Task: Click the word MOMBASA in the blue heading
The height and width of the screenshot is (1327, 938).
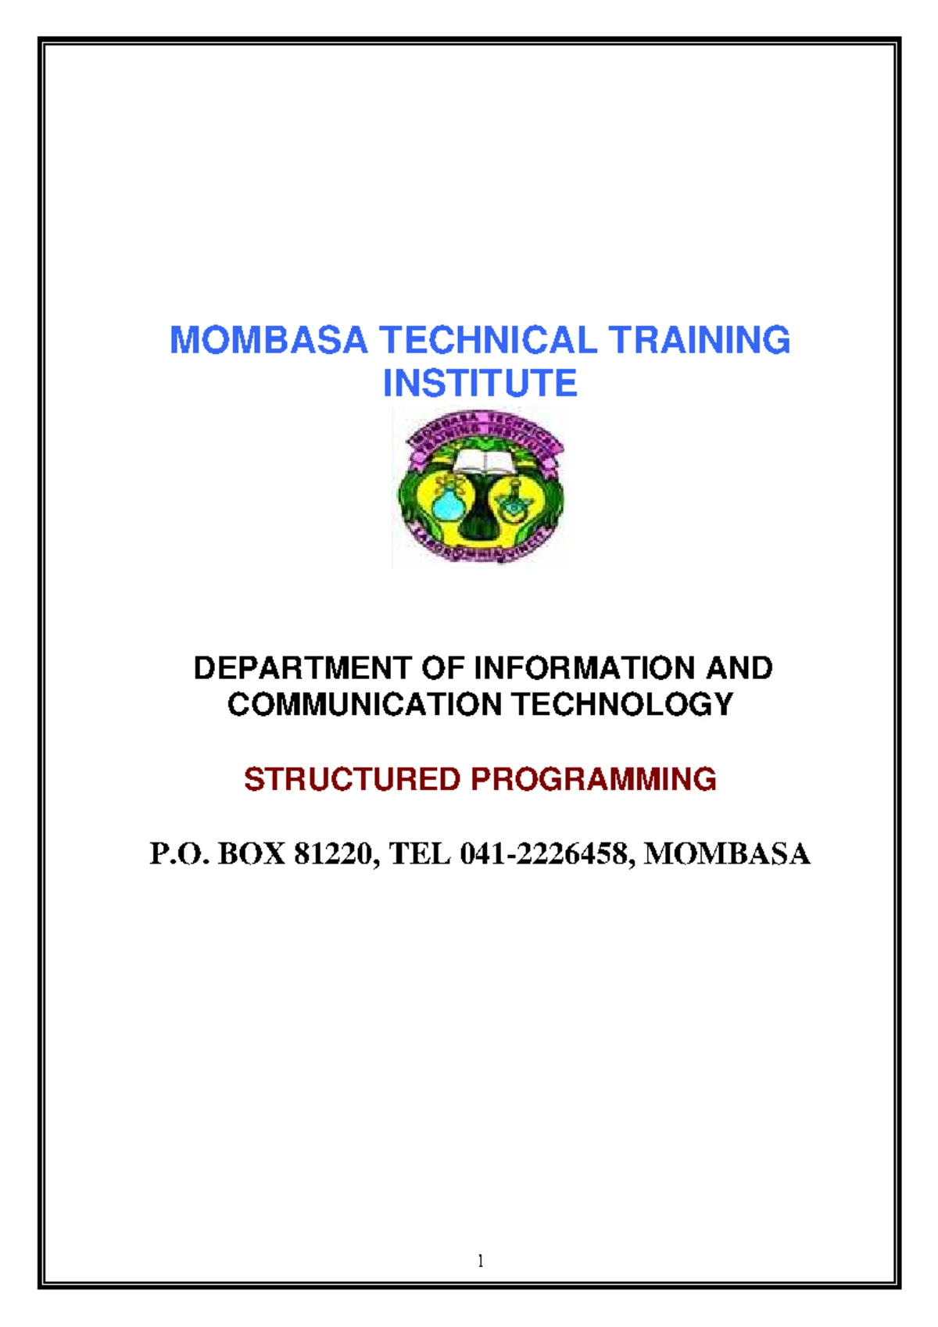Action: coord(268,341)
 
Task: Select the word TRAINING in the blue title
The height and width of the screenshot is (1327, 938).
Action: coord(699,341)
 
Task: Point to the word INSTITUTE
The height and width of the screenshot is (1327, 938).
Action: coord(479,384)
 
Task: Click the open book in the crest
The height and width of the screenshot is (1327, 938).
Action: coord(481,461)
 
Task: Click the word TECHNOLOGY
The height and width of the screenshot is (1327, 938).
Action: coord(622,704)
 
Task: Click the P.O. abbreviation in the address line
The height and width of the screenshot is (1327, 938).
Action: coord(180,853)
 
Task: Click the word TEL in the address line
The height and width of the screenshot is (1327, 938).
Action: coord(420,853)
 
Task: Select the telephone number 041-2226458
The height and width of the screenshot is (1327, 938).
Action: coord(546,853)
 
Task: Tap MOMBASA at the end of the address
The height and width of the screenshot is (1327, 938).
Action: coord(726,853)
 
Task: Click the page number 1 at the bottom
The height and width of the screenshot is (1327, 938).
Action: coord(480,1261)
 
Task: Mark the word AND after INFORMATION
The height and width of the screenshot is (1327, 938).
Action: coord(739,668)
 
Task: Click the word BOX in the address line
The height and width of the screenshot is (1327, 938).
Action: coord(251,853)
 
